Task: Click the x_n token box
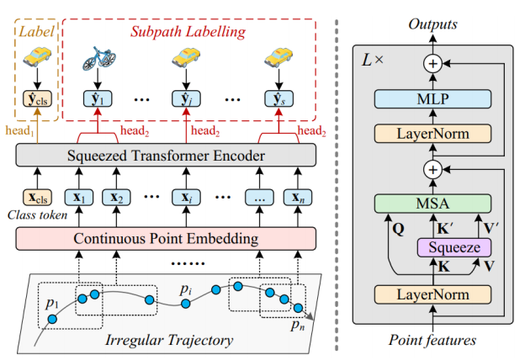pos(295,198)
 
